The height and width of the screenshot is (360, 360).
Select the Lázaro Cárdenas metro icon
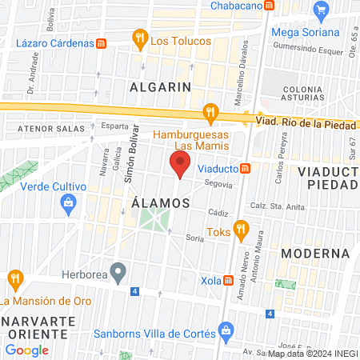(x=102, y=43)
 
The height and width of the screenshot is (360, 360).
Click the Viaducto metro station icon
(x=248, y=168)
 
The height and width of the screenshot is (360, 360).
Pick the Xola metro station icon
(x=230, y=281)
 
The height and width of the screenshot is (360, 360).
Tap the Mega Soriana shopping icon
(x=322, y=10)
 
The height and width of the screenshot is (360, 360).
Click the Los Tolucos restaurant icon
(x=140, y=38)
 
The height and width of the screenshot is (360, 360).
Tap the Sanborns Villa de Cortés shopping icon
(x=226, y=330)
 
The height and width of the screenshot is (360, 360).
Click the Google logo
(x=27, y=350)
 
